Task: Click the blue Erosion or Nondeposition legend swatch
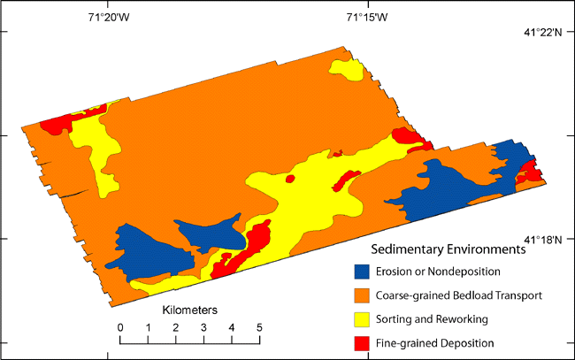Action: point(361,272)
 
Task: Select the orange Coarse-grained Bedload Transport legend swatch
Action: point(361,295)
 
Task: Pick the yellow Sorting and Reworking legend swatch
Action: point(361,318)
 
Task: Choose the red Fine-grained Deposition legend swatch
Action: point(361,342)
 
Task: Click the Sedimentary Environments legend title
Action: point(448,250)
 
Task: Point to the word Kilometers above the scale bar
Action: point(189,311)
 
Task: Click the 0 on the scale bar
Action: point(120,328)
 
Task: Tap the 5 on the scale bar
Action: point(259,328)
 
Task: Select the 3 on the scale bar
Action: point(203,328)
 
